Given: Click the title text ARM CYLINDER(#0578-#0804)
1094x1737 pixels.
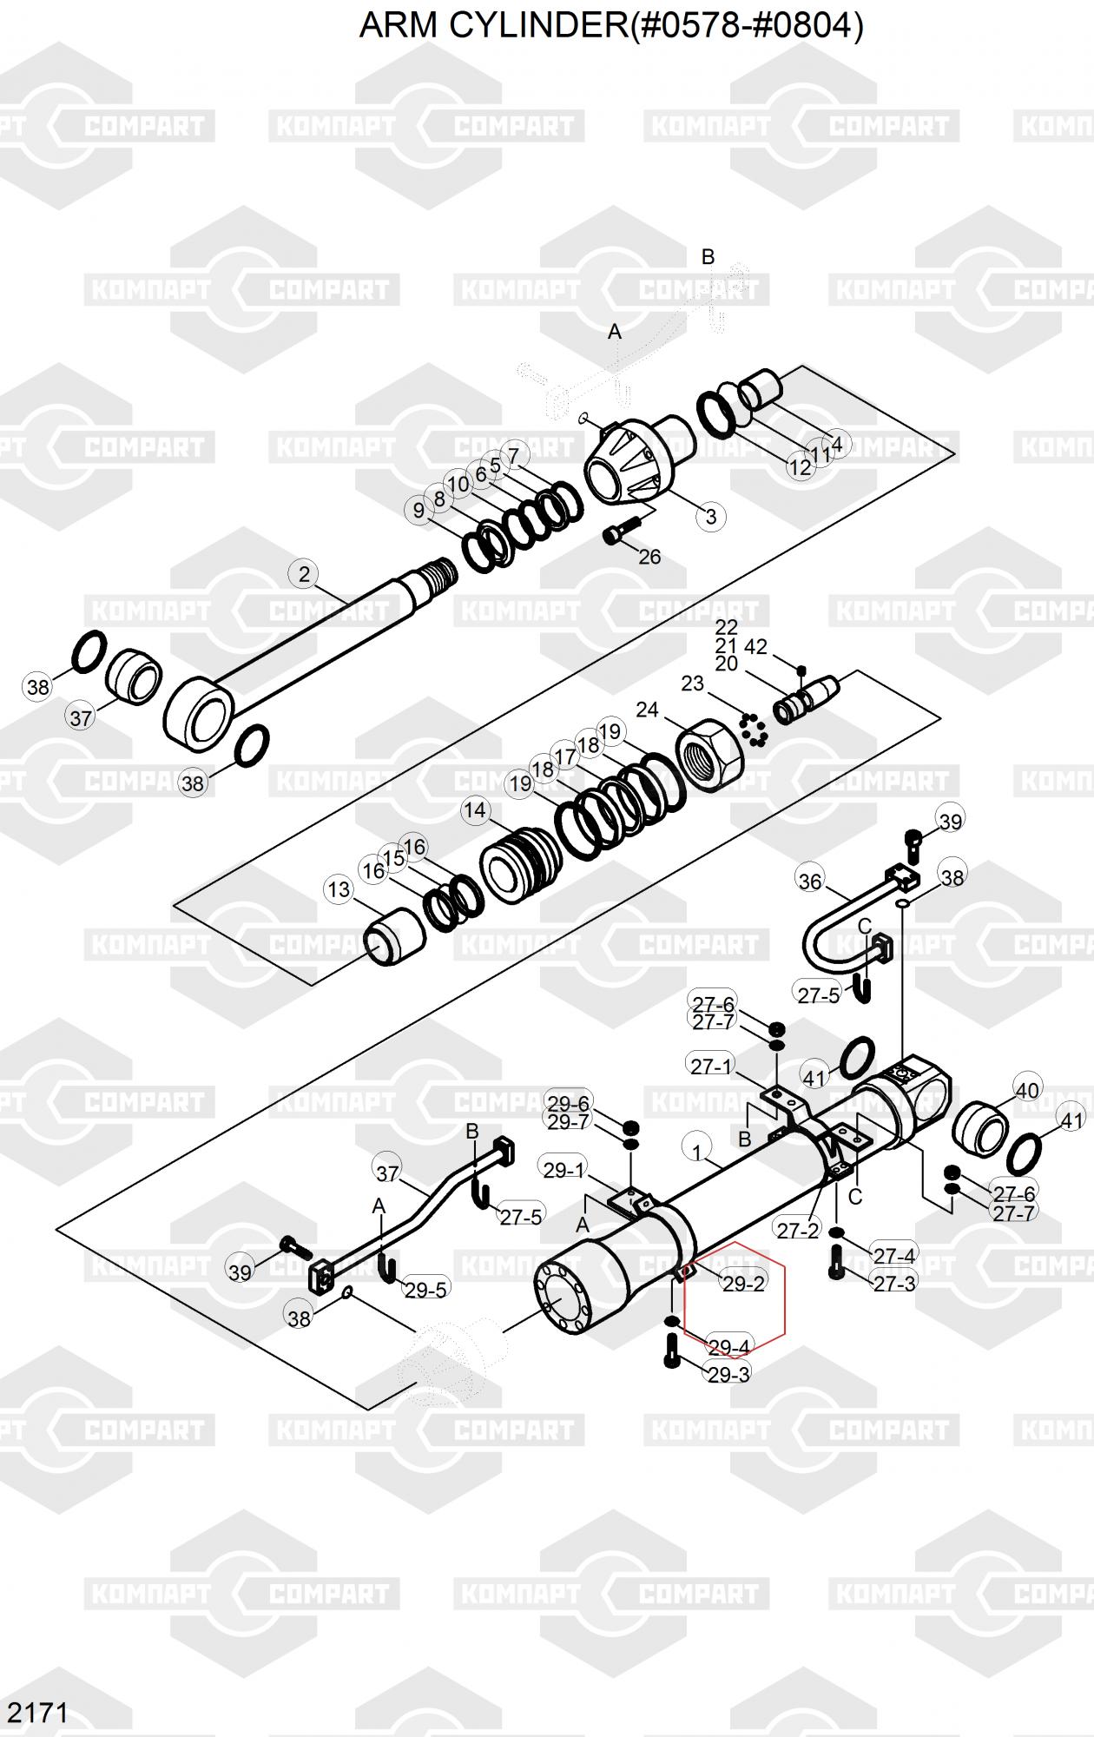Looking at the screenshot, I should coord(611,26).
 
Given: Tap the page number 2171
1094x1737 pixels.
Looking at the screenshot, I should coord(37,1712).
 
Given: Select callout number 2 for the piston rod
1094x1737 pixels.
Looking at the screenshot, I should coord(304,574).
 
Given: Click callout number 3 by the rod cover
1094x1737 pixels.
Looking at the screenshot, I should coord(711,516).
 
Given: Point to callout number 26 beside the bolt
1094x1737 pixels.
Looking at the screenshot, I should coord(649,557).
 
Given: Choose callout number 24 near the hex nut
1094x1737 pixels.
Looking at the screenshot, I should coord(647,710).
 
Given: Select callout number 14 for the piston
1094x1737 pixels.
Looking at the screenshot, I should coord(475,811).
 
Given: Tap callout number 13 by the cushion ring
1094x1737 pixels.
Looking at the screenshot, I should coord(339,889).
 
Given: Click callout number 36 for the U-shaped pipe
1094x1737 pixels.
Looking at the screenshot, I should coord(809,882).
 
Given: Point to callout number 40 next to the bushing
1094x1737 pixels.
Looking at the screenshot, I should coord(1027,1090).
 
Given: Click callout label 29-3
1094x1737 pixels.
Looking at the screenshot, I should coord(729,1374).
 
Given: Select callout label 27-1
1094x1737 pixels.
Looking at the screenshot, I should coord(711,1066).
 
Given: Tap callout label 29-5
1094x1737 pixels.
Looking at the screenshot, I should coord(425,1290).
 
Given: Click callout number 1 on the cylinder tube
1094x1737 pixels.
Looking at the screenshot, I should coord(697,1152).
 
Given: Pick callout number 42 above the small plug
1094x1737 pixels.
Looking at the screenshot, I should coord(755,647).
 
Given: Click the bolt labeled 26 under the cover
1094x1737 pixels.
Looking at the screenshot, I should coord(619,531).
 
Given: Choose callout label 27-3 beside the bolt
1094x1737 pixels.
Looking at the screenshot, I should coord(894,1283).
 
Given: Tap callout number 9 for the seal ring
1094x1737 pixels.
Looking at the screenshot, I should coord(419,510).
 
